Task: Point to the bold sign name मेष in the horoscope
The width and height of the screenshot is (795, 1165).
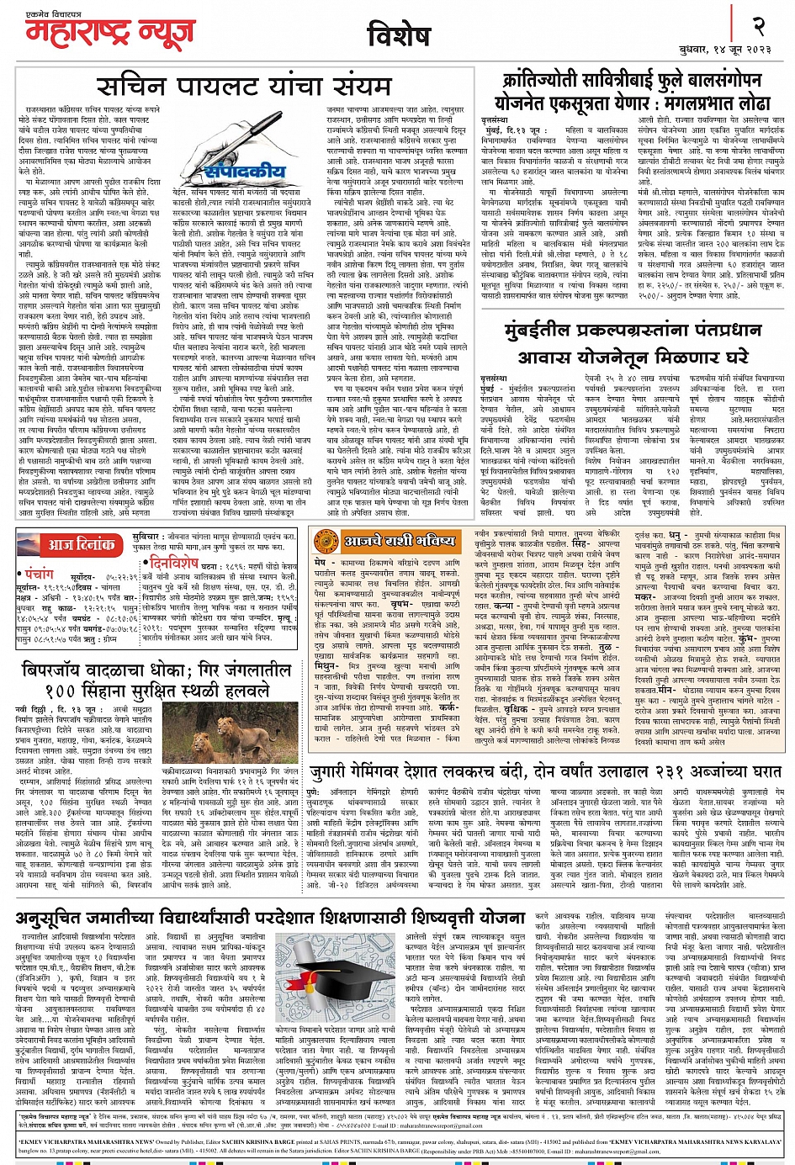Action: pyautogui.click(x=320, y=561)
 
